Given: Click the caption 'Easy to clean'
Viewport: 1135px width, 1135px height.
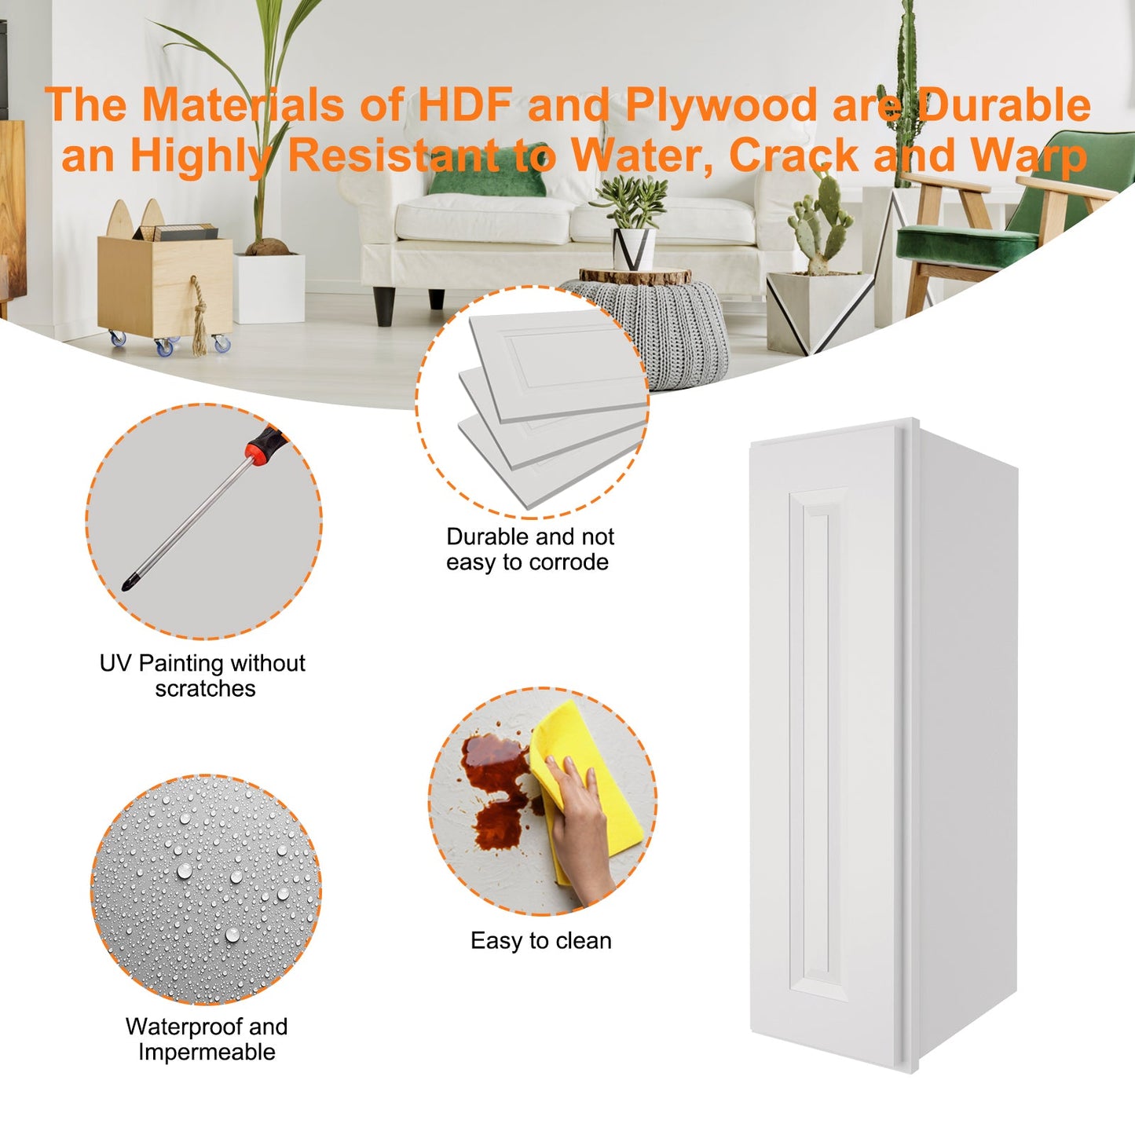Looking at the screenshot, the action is coord(540,940).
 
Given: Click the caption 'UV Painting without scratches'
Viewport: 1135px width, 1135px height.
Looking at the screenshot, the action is coord(203,675).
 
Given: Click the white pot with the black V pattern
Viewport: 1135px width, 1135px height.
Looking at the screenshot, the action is coord(634,249).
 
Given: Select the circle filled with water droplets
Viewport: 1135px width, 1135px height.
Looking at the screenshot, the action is coord(206,889).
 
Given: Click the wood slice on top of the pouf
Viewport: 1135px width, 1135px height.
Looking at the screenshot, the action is coord(635,276).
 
